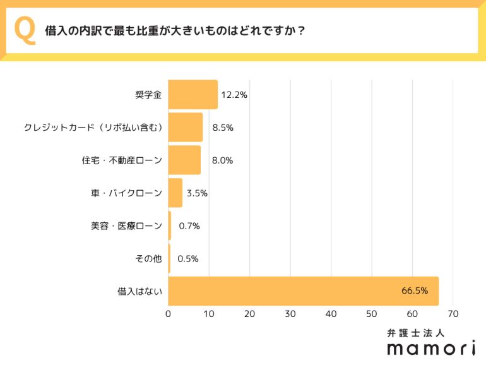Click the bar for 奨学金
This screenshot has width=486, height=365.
[193, 95]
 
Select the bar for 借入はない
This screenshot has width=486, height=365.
[303, 291]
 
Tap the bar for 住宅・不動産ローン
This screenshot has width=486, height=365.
[184, 160]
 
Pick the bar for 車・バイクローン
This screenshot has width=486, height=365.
[175, 193]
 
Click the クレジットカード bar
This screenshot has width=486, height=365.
[186, 128]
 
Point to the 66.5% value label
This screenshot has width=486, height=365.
[415, 291]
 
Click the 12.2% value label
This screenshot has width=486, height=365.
[234, 95]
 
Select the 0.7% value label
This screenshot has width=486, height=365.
[189, 226]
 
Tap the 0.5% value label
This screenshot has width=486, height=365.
[189, 259]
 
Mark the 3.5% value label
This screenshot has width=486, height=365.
[197, 193]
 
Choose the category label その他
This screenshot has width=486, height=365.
[149, 259]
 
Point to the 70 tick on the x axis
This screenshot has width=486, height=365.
[453, 314]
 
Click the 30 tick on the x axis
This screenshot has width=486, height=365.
[290, 314]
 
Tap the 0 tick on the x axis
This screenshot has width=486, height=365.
[169, 314]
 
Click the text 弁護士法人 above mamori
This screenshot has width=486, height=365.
[417, 332]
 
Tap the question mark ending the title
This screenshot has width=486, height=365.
[301, 31]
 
